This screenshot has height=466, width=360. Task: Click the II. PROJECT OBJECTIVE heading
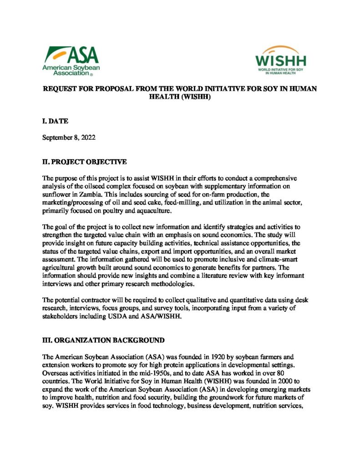pos(81,162)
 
